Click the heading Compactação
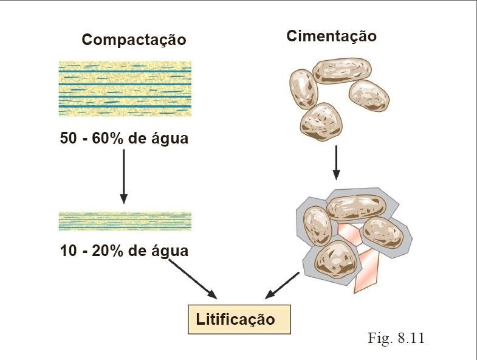[x=134, y=40]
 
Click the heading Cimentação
[x=331, y=36]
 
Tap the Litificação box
[x=239, y=319]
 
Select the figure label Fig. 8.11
[x=396, y=338]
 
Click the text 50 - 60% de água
[x=124, y=139]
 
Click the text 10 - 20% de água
[x=124, y=251]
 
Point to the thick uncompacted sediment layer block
[x=125, y=89]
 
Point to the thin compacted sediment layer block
[x=125, y=221]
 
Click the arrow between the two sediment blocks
[x=124, y=176]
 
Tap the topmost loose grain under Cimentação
[x=342, y=70]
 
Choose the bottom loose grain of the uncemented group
[x=321, y=122]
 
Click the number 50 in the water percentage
[x=68, y=139]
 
